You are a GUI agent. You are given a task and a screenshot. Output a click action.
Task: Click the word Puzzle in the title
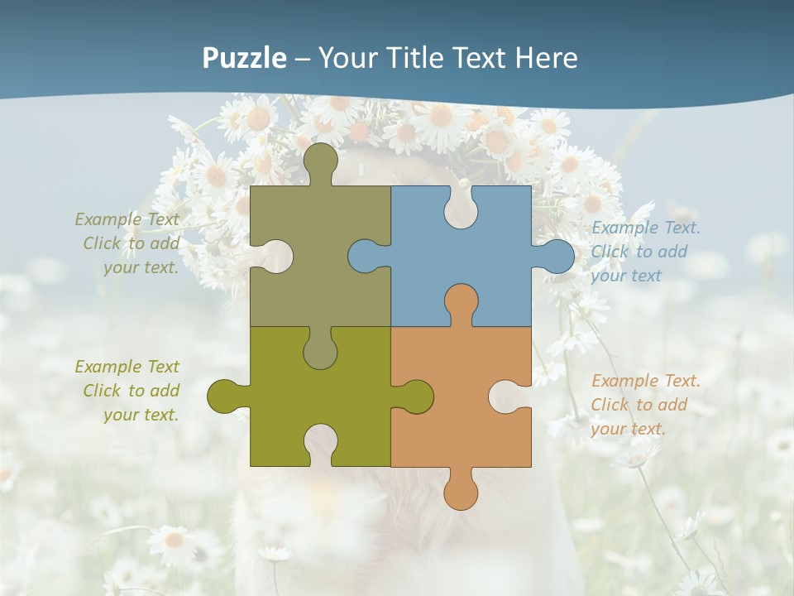click(245, 58)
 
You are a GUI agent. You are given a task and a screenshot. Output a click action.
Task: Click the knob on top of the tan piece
click(321, 161)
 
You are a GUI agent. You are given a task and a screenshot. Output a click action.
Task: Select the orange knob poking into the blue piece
click(461, 301)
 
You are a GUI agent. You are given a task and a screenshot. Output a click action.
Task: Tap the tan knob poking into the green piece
click(321, 351)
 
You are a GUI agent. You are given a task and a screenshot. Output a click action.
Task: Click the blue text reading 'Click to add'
click(639, 252)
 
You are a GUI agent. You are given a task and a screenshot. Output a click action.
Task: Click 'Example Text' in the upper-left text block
click(127, 219)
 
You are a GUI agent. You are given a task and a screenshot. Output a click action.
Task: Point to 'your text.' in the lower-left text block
click(141, 415)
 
